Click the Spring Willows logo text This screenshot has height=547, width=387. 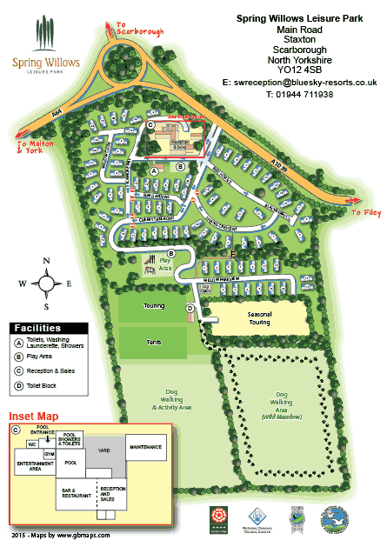click(x=46, y=63)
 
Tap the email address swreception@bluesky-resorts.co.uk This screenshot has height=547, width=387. click(x=298, y=81)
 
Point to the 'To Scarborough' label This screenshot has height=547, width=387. click(x=138, y=31)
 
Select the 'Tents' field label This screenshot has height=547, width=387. click(x=155, y=343)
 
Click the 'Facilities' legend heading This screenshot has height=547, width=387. click(x=37, y=326)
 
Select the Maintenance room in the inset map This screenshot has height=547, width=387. click(x=145, y=447)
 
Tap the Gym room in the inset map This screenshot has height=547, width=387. click(x=50, y=454)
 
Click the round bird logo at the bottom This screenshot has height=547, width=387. click(x=336, y=519)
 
